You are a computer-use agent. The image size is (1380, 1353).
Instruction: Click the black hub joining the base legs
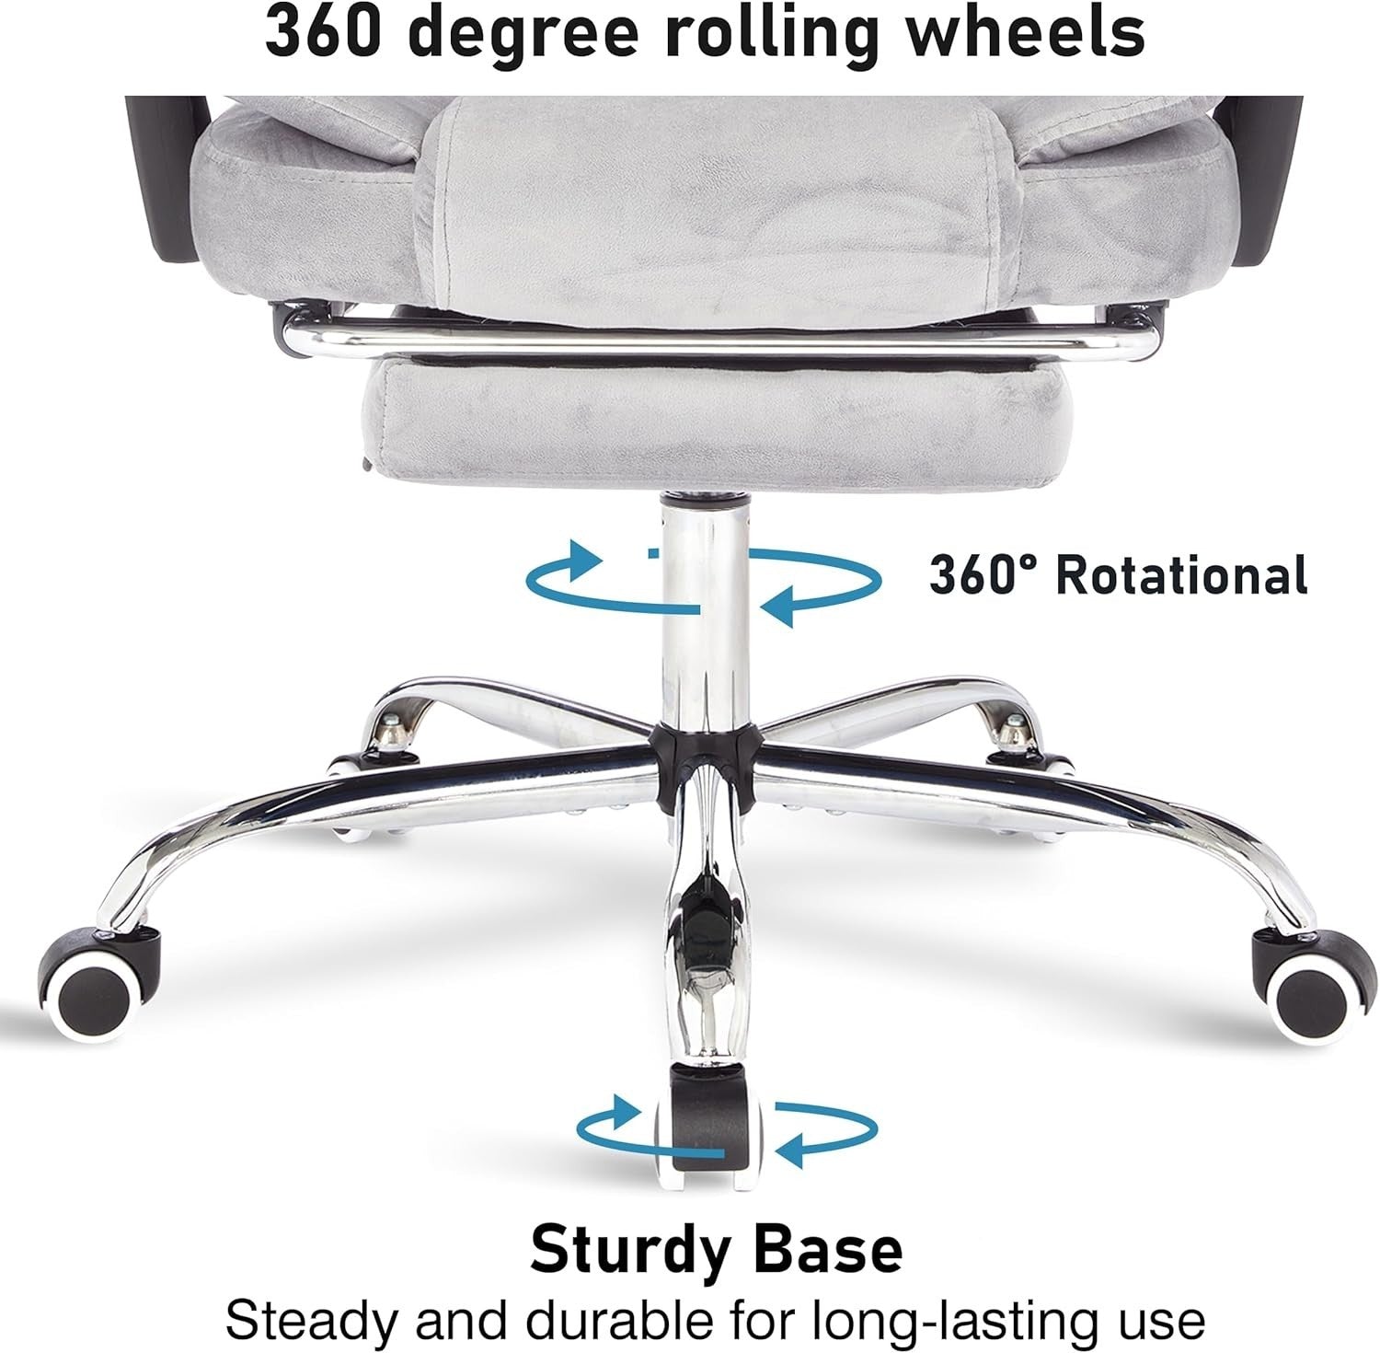(704, 765)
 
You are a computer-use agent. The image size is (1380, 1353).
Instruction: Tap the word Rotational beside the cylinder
(1181, 576)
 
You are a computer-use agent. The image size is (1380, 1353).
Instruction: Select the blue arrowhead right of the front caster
(792, 1147)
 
